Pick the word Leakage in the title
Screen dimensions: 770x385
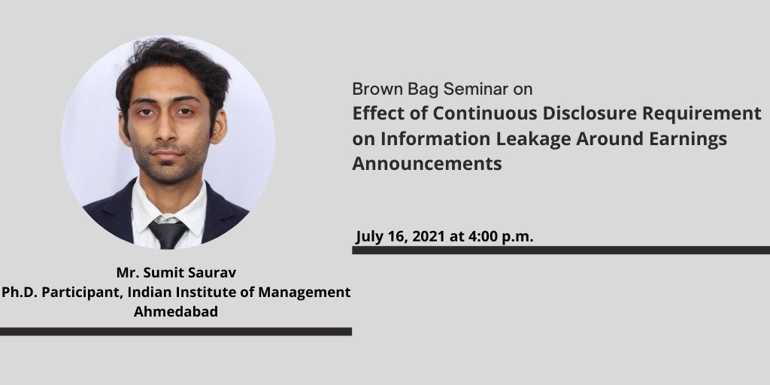[533, 140]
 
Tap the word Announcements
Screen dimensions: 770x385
[427, 163]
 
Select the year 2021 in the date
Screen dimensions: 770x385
[428, 237]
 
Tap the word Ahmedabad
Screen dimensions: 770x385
[176, 312]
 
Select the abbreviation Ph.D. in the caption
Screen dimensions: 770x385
[20, 293]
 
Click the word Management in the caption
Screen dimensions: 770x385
[305, 293]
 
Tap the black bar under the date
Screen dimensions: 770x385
[561, 250]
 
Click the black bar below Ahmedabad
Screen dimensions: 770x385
[176, 332]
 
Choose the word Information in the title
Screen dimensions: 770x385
[435, 139]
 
